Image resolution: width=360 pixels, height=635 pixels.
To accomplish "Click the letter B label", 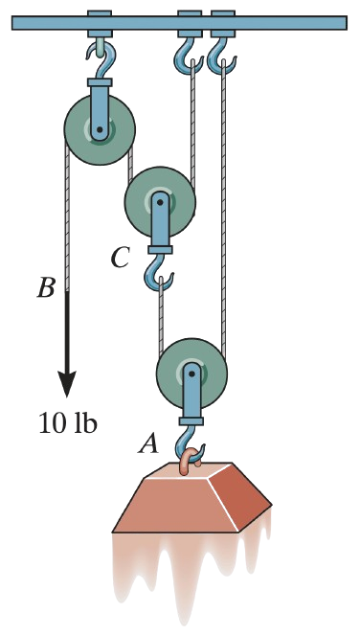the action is [46, 287].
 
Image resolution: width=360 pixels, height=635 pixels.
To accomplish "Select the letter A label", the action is [148, 442].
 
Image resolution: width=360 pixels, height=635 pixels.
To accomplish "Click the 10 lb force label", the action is [69, 422].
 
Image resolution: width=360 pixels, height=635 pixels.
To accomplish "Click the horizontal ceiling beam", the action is [180, 22].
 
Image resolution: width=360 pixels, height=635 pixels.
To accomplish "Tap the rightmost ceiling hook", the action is [221, 57].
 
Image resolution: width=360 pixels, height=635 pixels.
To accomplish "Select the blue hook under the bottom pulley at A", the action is [188, 441].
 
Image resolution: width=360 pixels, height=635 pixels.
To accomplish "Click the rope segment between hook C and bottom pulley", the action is [160, 316].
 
